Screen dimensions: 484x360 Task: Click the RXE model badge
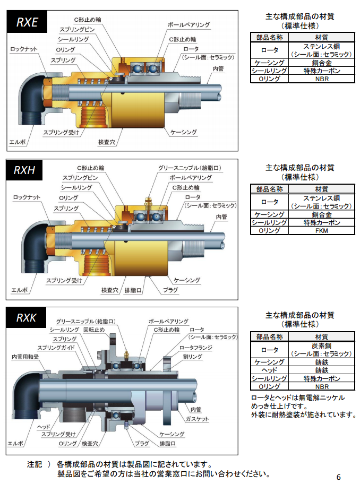[27, 22]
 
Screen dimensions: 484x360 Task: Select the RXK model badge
[26, 317]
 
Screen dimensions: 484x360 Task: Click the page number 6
[339, 477]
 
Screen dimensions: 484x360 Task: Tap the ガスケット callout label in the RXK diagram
[196, 419]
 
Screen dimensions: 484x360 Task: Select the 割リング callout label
[192, 357]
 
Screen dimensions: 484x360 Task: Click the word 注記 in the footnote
[35, 464]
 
